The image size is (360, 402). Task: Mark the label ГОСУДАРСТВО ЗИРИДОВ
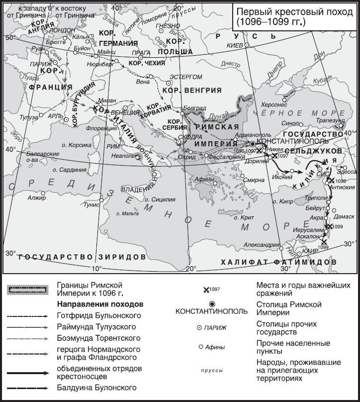(x=82, y=257)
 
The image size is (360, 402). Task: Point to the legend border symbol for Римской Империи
(x=27, y=291)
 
